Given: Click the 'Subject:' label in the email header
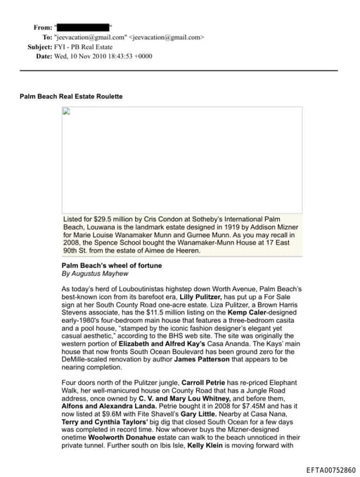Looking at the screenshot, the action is [x=40, y=46].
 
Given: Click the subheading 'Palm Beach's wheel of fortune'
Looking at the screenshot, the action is [x=111, y=265].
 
